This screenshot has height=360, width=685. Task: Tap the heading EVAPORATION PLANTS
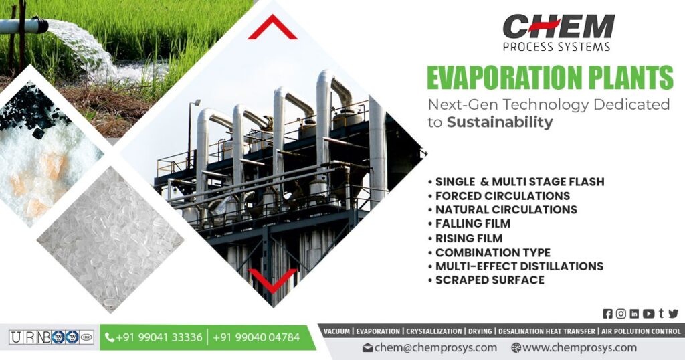point(549,78)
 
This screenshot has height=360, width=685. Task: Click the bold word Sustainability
point(500,122)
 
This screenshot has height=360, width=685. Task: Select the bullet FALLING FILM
point(472,223)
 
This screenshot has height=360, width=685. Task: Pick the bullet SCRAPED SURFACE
point(489,280)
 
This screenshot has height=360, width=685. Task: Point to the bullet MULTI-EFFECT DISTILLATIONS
point(518,266)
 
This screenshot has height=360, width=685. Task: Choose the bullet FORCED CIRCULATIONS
point(502,195)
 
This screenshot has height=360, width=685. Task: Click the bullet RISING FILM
point(468,238)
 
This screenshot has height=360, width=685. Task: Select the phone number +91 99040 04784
point(256,337)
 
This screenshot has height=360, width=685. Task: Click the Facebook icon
point(607,314)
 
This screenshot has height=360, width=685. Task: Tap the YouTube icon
point(648,314)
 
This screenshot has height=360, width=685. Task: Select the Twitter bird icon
point(673,314)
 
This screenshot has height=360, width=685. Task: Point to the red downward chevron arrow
point(272,280)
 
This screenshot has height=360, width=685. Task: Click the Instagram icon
point(621,314)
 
